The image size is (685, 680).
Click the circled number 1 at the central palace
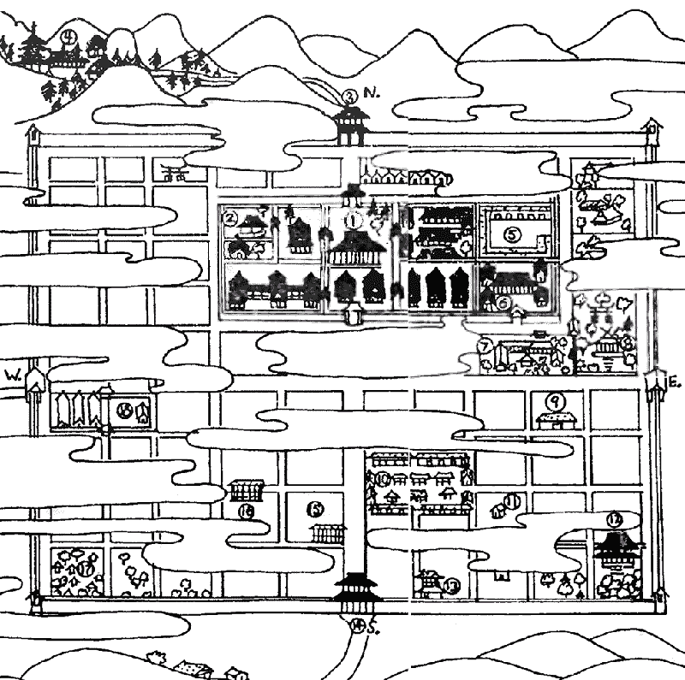tap(352, 220)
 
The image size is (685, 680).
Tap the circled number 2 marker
tap(230, 218)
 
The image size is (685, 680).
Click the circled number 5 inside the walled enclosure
tap(511, 232)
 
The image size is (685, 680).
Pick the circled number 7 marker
tap(485, 346)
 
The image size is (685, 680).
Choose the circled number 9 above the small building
tap(555, 399)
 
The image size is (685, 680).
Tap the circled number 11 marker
tap(514, 501)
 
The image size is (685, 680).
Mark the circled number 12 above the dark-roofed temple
tap(614, 519)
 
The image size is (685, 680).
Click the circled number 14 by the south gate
tap(357, 625)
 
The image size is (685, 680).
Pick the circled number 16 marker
tap(246, 511)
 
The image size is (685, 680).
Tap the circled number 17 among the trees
tap(85, 569)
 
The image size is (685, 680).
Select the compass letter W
tap(12, 375)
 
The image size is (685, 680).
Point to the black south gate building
tap(354, 589)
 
